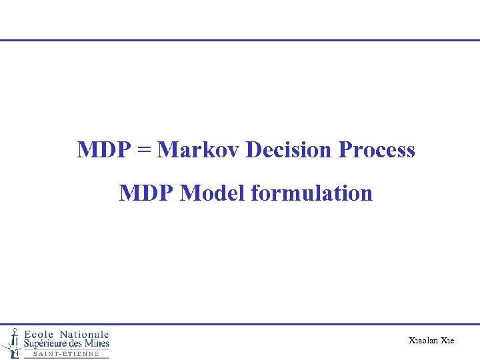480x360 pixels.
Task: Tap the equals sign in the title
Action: (144, 151)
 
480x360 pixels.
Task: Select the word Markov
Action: (199, 150)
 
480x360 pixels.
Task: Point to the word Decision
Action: (290, 150)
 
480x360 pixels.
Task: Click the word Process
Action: (377, 150)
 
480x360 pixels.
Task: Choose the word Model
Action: (213, 193)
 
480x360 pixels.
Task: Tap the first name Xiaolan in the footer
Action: (423, 341)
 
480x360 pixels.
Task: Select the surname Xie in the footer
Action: (447, 341)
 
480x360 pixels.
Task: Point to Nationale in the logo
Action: (84, 334)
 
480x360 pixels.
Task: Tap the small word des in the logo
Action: (79, 343)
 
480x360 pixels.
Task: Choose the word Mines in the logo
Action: (98, 343)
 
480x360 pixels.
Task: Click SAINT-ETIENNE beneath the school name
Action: (66, 354)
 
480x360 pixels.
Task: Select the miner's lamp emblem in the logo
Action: (11, 342)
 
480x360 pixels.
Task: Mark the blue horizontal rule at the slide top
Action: (240, 40)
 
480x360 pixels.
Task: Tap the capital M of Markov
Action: (167, 150)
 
